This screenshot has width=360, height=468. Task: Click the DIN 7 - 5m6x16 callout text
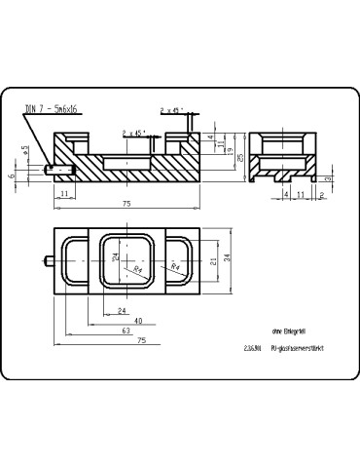54,109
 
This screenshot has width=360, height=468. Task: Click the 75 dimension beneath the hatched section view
127,203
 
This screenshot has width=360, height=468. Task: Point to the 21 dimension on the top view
213,257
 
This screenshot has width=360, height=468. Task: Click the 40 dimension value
138,320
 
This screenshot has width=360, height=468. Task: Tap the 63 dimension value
126,331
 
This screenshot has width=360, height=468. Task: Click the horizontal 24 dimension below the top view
121,310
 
